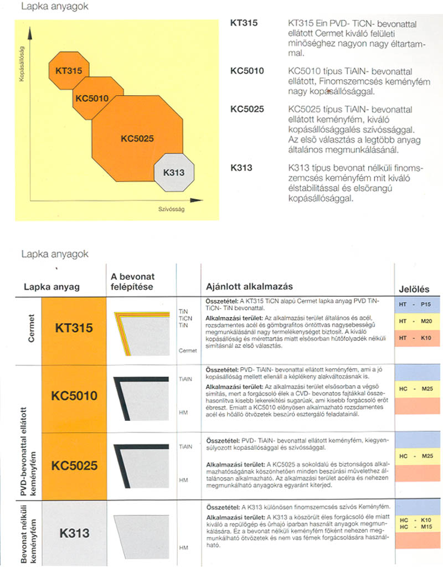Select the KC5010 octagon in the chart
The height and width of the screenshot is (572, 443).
pyautogui.click(x=91, y=98)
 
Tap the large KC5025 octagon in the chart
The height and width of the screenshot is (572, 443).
pyautogui.click(x=137, y=138)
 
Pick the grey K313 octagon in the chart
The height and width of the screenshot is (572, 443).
pyautogui.click(x=174, y=173)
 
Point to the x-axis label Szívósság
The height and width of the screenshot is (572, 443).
pyautogui.click(x=171, y=210)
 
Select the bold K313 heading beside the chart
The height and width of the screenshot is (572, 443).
pyautogui.click(x=241, y=167)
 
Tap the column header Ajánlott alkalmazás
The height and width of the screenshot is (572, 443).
pyautogui.click(x=249, y=286)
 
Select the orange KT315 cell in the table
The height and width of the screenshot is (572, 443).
pyautogui.click(x=74, y=328)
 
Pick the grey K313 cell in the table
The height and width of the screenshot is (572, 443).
pyautogui.click(x=74, y=533)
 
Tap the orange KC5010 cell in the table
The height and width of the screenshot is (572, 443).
pyautogui.click(x=74, y=396)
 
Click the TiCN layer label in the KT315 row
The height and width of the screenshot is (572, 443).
pyautogui.click(x=185, y=318)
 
